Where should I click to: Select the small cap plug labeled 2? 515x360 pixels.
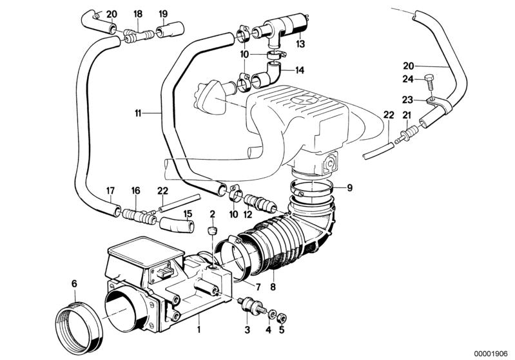pos(210,231)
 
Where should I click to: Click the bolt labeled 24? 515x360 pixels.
pos(429,82)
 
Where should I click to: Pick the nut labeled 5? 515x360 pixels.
pos(282,317)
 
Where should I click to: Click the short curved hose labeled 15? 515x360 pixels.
pos(176,225)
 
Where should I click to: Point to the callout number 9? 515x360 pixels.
pos(349,187)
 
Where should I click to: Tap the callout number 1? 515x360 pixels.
pos(199,330)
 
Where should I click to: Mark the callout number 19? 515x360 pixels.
pos(163,13)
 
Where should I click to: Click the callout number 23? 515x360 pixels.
pos(407,100)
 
